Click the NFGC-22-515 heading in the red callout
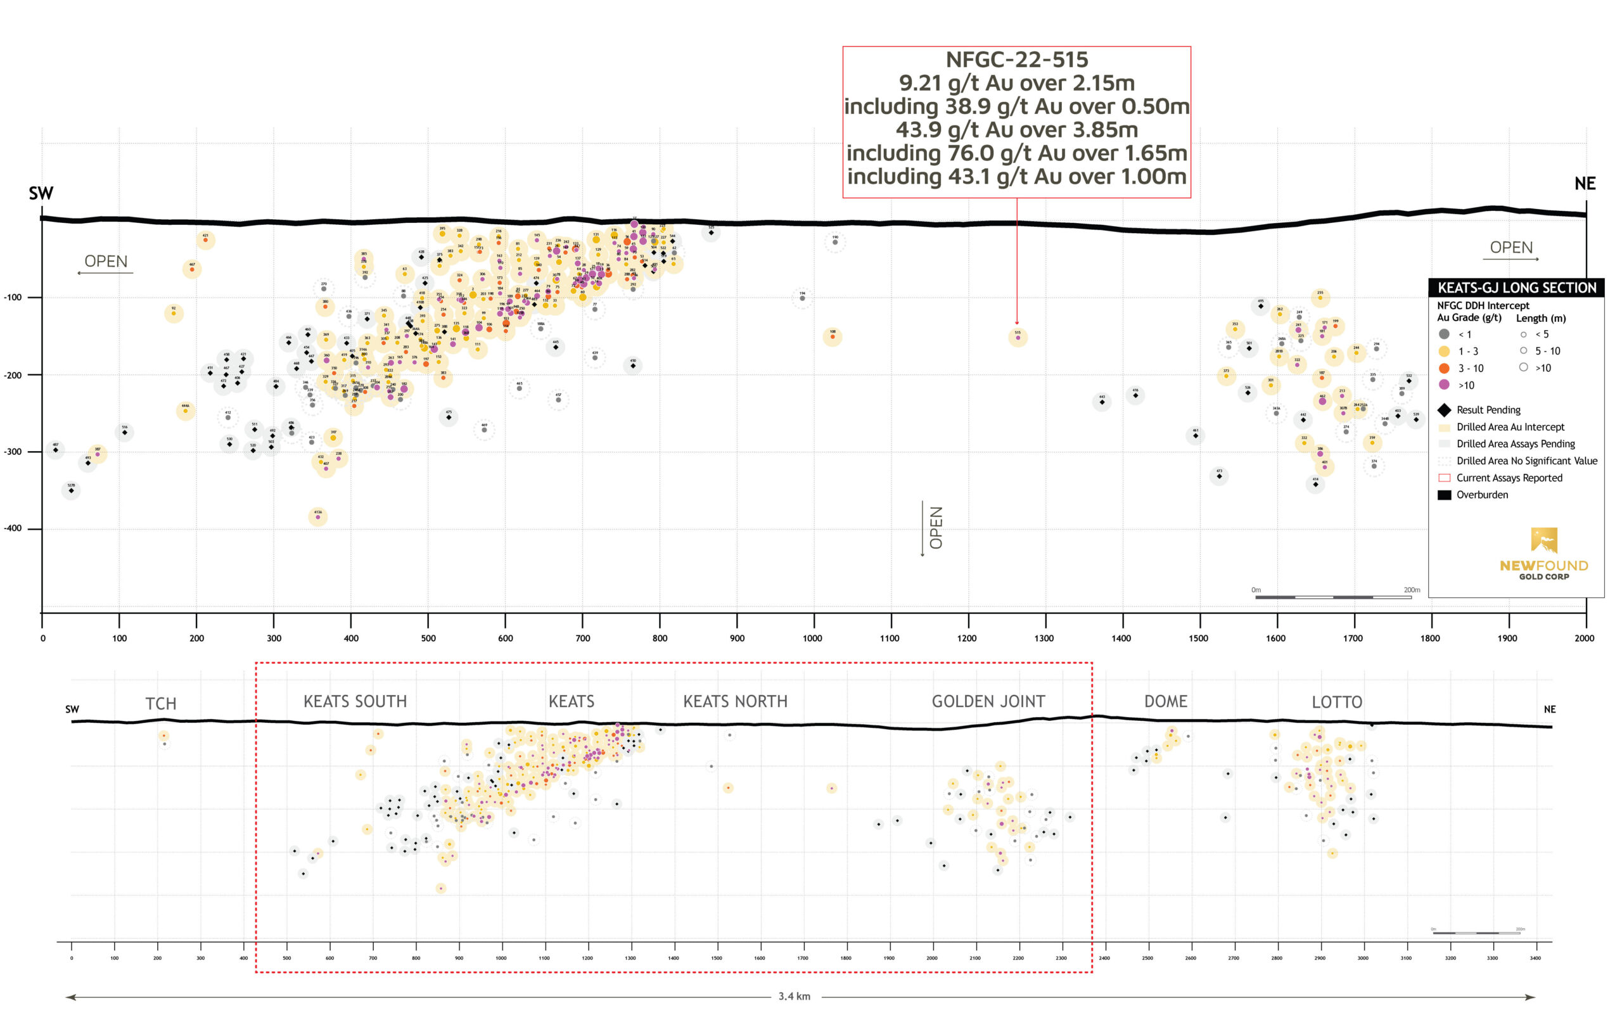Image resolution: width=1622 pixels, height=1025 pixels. (x=1016, y=60)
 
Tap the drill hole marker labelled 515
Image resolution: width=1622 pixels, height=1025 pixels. (x=1018, y=337)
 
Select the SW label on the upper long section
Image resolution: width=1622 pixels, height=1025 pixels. (x=41, y=193)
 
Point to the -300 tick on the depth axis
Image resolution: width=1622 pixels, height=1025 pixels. (x=13, y=452)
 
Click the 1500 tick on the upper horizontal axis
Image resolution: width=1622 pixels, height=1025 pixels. (x=1198, y=638)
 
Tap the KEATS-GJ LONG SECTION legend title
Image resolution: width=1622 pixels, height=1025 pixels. (x=1516, y=288)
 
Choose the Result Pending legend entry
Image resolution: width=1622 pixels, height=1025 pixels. (x=1488, y=410)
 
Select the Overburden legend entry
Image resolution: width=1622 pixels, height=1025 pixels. (x=1482, y=495)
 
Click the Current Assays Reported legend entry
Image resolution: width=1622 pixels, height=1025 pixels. (x=1509, y=478)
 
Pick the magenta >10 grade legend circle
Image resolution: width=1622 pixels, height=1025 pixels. (x=1444, y=385)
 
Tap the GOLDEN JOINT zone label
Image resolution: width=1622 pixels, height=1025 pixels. (x=988, y=702)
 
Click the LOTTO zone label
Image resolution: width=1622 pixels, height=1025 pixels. (x=1336, y=703)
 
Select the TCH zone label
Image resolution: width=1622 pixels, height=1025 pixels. (x=161, y=704)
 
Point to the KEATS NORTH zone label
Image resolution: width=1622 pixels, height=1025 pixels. (x=735, y=702)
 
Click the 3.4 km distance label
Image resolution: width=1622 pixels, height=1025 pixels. (x=794, y=996)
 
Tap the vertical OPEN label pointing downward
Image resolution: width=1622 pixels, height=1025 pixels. (x=936, y=528)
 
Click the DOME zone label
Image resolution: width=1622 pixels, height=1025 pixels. (x=1165, y=702)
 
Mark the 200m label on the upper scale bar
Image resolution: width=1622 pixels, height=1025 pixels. (x=1411, y=590)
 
